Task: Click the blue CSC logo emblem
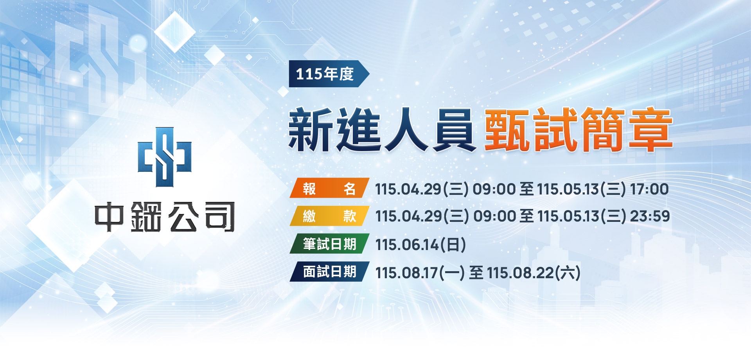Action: [x=165, y=157]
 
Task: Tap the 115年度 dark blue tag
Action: [x=329, y=74]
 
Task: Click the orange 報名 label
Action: [x=329, y=188]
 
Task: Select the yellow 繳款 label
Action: [x=329, y=216]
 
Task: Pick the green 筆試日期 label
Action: [x=329, y=244]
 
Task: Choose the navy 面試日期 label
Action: [x=329, y=272]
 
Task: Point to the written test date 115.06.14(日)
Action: [x=420, y=245]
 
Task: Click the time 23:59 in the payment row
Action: [x=650, y=216]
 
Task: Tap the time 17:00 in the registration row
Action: [x=649, y=189]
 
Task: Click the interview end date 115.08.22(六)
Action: [x=534, y=273]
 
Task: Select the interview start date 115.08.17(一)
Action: [x=420, y=273]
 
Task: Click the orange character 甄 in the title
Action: [x=507, y=130]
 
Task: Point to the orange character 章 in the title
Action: [x=651, y=130]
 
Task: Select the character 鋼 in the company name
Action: [x=146, y=217]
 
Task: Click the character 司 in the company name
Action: [x=220, y=217]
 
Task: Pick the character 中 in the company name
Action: [x=109, y=217]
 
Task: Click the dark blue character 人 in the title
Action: [x=406, y=130]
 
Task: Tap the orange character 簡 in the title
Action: [x=603, y=130]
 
